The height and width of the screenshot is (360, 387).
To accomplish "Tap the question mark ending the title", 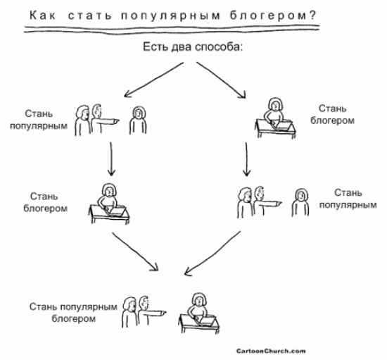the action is click(x=312, y=15).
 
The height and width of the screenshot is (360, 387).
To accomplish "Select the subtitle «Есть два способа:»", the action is click(x=193, y=46).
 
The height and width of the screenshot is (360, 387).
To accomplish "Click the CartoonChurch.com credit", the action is click(x=271, y=351).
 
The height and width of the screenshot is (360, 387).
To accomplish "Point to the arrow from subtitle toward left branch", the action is click(x=154, y=80).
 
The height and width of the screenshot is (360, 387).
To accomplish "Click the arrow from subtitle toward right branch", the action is click(x=222, y=80).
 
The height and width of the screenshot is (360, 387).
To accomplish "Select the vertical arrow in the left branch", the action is click(x=111, y=159).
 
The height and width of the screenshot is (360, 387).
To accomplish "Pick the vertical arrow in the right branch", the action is click(x=246, y=159).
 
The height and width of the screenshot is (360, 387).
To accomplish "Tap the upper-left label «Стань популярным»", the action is click(x=39, y=120).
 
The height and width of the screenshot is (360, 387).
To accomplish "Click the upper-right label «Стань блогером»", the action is click(x=332, y=114).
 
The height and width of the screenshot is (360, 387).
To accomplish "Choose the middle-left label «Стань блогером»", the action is click(x=45, y=202).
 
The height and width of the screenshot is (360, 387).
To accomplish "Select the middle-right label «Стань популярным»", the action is click(x=348, y=199).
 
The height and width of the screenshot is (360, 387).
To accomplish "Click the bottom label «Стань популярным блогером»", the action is click(x=73, y=313).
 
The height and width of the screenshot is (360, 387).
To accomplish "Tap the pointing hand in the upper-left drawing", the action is click(x=114, y=122).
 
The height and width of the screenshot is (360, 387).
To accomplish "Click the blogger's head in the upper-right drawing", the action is click(x=275, y=104).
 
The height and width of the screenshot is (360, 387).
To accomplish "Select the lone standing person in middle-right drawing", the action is click(x=300, y=203).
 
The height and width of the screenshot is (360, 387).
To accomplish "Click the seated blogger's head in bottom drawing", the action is click(x=199, y=299).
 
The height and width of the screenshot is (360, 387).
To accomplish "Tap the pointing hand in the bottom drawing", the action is click(x=161, y=314).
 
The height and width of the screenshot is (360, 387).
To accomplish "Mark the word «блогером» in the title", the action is click(x=269, y=16).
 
